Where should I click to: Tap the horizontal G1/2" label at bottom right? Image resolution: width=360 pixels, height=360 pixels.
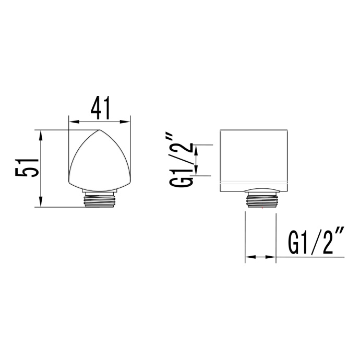point(316,243)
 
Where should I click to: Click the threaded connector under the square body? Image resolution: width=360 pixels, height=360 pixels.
point(262,199)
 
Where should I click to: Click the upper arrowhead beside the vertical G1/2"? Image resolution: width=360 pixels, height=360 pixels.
point(197,148)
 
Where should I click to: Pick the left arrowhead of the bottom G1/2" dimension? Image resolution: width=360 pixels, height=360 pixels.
point(249,257)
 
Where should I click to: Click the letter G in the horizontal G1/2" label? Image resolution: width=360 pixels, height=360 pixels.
point(295,243)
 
